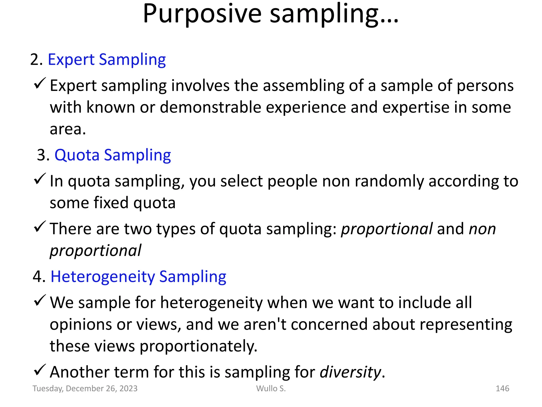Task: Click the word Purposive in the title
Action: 202,15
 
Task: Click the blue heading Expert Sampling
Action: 107,60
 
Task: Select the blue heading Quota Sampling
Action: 113,155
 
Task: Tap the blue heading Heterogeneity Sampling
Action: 138,277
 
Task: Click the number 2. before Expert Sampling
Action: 36,60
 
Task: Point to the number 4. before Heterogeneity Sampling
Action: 39,277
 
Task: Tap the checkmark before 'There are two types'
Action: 40,227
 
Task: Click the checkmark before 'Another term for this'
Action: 40,370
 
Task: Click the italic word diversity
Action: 350,372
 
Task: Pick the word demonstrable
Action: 210,108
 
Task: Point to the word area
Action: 67,130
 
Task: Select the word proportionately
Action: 198,346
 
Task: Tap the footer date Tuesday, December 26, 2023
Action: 85,388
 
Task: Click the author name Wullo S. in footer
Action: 271,388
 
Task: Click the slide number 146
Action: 502,388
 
